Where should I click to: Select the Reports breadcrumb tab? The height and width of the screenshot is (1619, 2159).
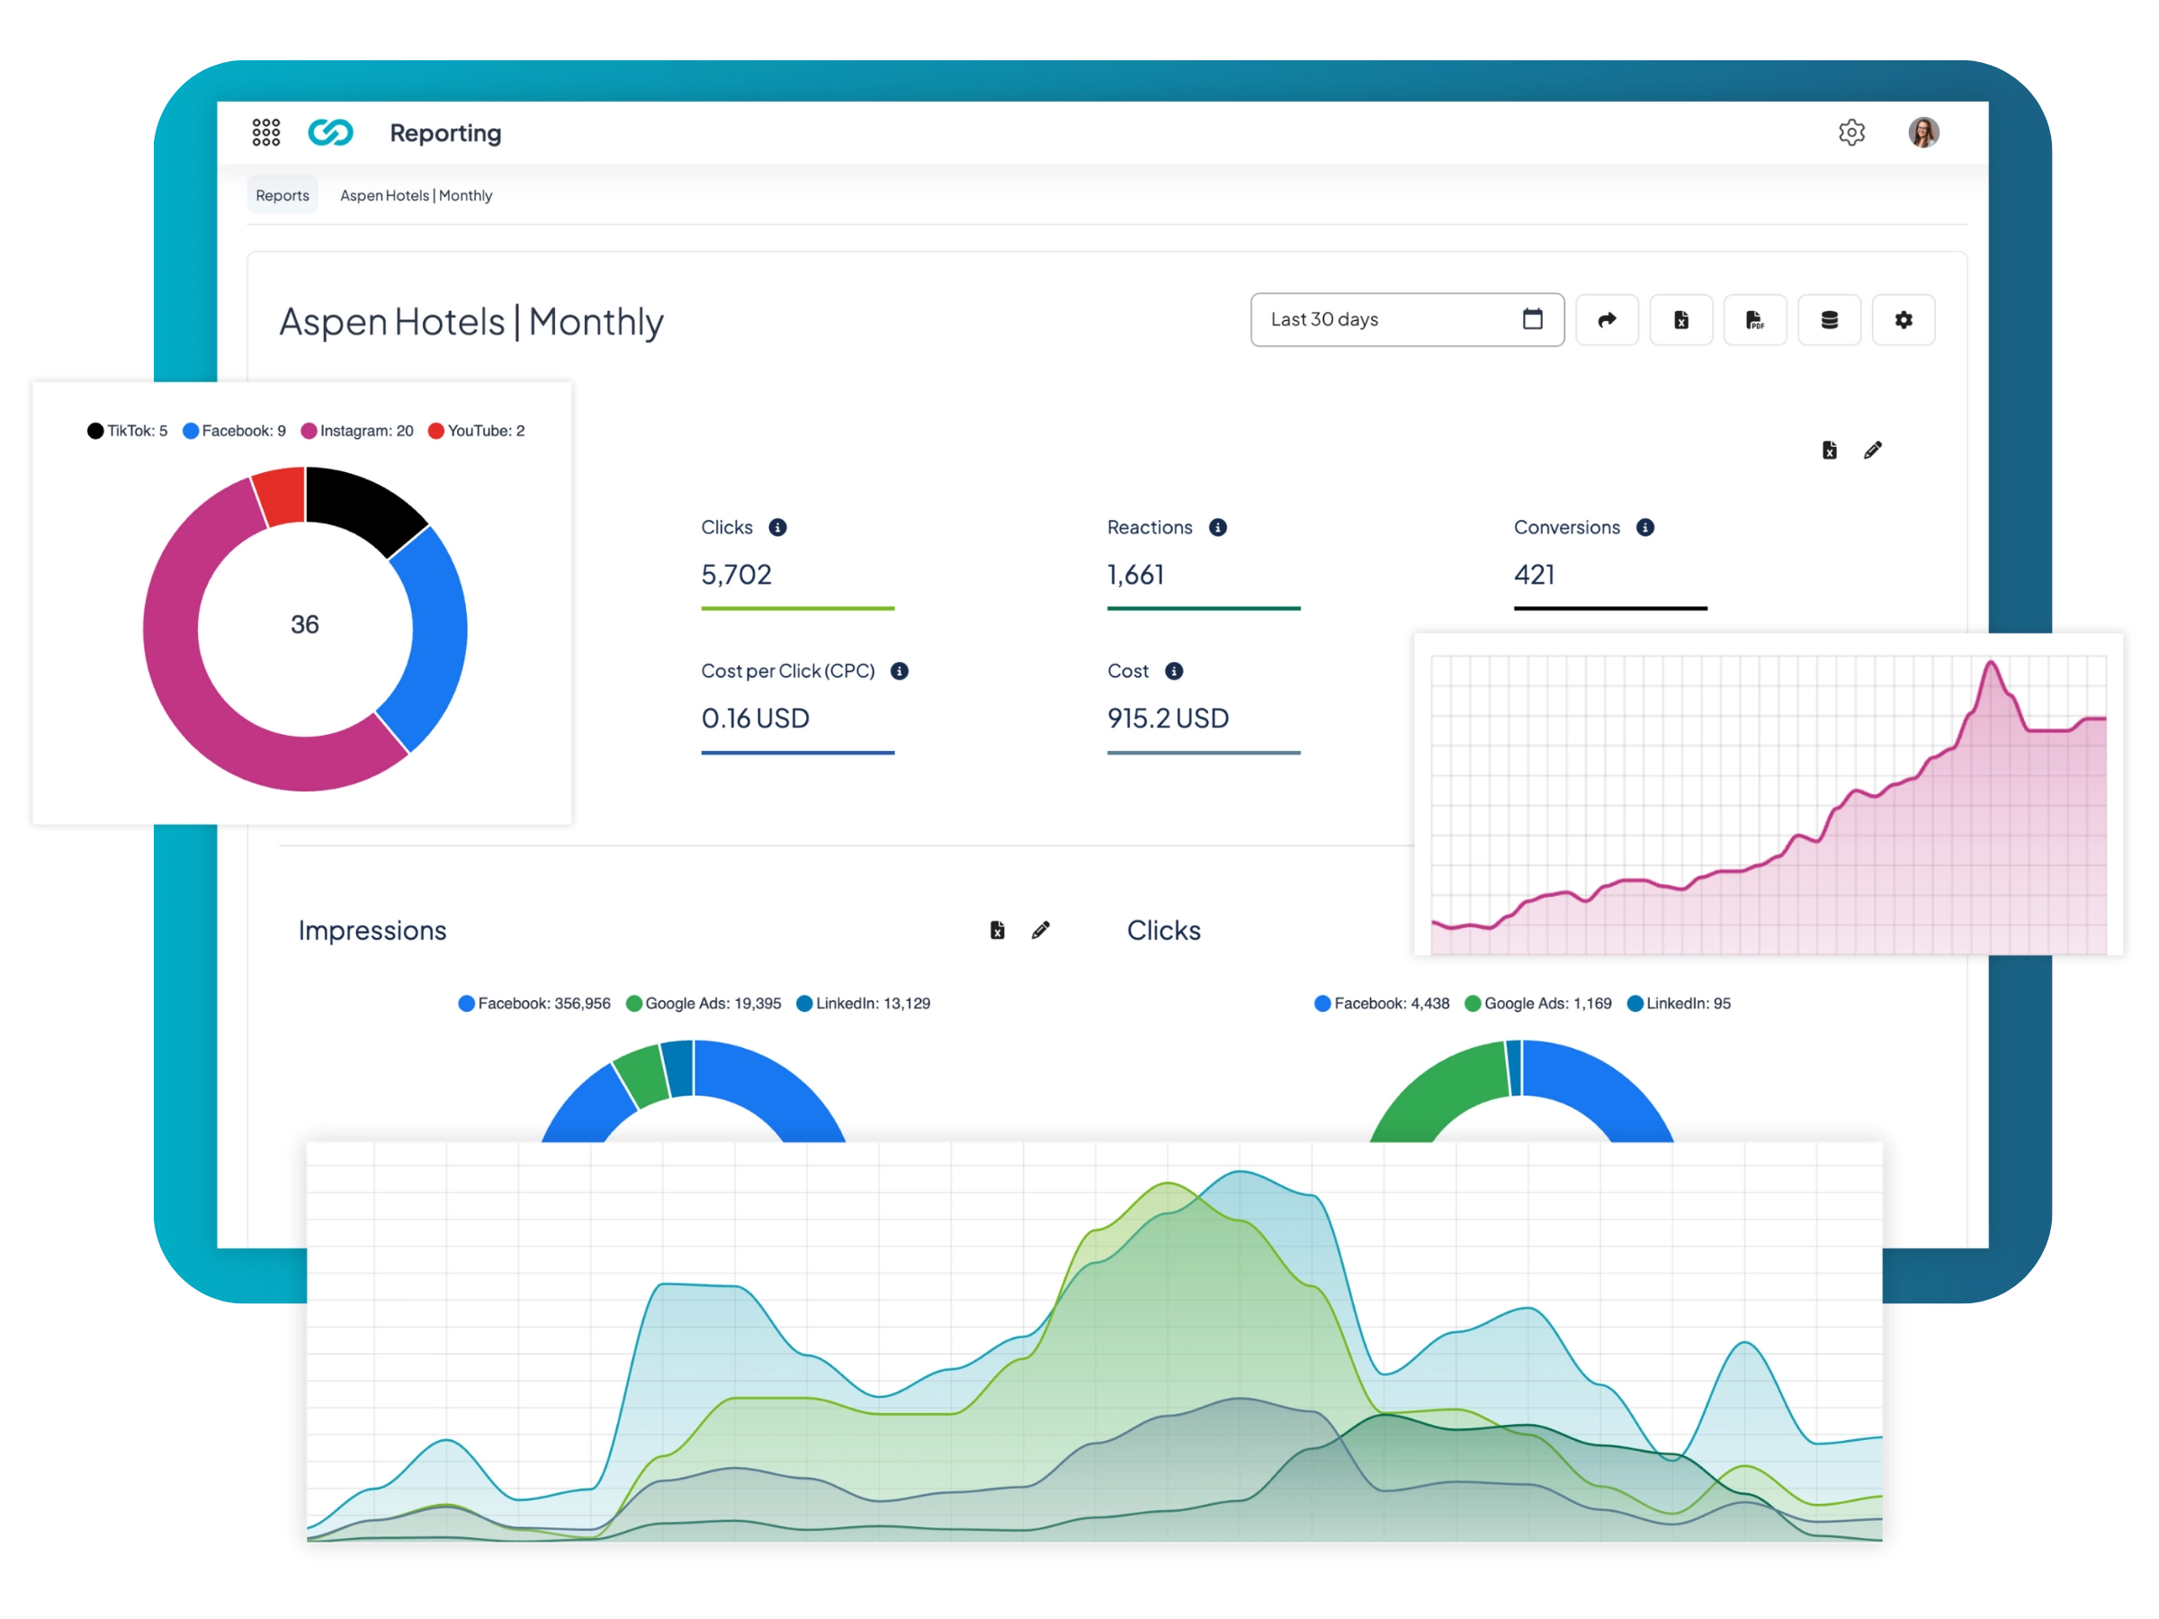tap(282, 195)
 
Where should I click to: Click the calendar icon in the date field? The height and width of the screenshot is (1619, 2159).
tap(1531, 319)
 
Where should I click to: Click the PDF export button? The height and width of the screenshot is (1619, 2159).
tap(1754, 320)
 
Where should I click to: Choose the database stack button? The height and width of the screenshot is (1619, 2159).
tap(1828, 320)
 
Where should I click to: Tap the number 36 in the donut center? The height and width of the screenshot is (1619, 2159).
tap(305, 624)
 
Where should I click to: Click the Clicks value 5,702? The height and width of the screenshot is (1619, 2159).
tap(736, 575)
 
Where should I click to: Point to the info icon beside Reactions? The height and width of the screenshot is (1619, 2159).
tap(1217, 528)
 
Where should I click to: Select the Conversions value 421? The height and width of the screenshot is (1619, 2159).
tap(1534, 575)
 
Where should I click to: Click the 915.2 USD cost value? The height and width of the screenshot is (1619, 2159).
tap(1168, 719)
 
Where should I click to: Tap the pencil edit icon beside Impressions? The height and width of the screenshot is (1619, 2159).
tap(1041, 930)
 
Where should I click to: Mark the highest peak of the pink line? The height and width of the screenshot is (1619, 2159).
tap(1990, 664)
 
